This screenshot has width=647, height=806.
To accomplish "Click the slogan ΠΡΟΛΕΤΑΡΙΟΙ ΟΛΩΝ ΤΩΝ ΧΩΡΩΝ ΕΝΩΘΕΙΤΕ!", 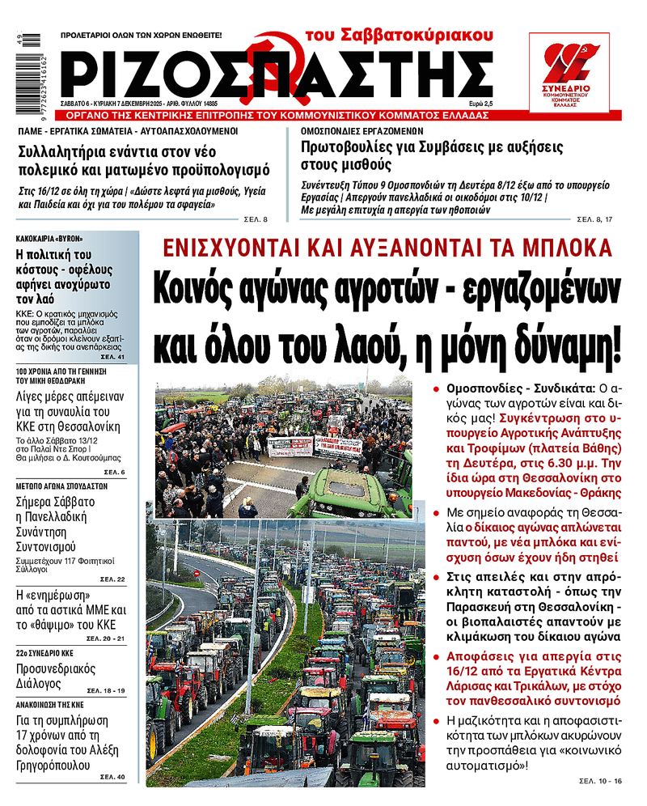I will coord(142,36).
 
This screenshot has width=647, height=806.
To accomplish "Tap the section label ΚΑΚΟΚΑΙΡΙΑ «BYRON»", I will coord(49,239).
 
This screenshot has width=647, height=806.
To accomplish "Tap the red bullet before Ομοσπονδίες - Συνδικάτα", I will coord(438,389).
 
